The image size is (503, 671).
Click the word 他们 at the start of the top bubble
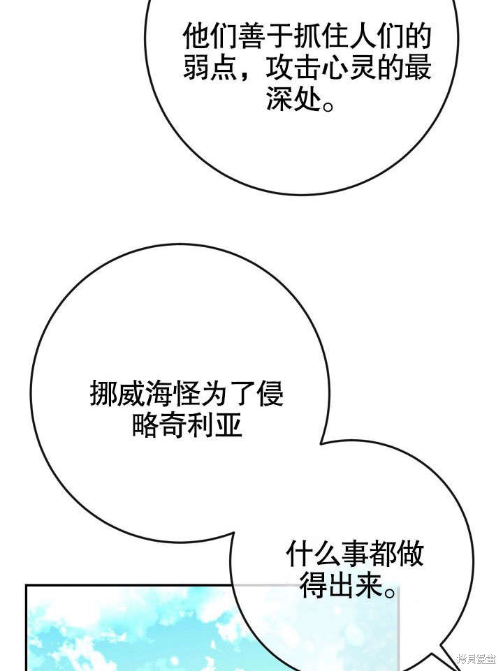click(x=211, y=36)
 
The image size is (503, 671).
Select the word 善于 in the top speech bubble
click(x=266, y=36)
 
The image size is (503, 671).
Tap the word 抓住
click(x=321, y=36)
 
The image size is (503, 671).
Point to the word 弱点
click(x=211, y=68)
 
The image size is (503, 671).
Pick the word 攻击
click(x=293, y=68)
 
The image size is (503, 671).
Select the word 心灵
click(x=349, y=68)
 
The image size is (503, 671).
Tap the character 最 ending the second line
click(x=418, y=68)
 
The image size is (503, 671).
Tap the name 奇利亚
click(x=201, y=425)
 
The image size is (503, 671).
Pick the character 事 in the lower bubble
click(x=355, y=553)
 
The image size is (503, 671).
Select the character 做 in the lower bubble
click(x=410, y=553)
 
